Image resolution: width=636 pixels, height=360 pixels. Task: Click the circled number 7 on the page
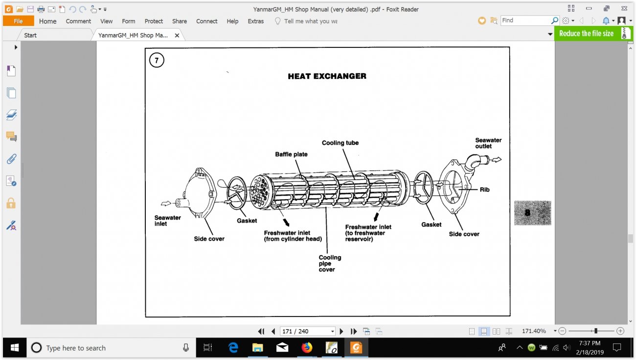click(x=157, y=60)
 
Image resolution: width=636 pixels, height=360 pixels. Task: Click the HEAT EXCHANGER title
click(x=327, y=76)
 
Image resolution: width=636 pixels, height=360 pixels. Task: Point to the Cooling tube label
click(x=340, y=143)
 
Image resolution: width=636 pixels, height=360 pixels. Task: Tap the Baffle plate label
click(x=291, y=154)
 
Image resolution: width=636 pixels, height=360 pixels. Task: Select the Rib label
click(x=484, y=189)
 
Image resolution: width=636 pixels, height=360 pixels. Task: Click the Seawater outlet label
click(x=488, y=143)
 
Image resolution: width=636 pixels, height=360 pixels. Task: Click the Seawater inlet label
click(x=167, y=221)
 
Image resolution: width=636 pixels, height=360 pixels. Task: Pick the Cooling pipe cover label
click(x=330, y=264)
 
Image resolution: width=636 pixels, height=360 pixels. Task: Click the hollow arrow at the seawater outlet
click(x=497, y=159)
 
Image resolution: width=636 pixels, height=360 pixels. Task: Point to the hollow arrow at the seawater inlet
click(x=166, y=203)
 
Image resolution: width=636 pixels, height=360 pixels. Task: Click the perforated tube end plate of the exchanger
click(x=260, y=191)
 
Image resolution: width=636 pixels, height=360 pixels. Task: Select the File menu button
click(x=18, y=21)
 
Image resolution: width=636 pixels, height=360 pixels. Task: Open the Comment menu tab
click(x=78, y=21)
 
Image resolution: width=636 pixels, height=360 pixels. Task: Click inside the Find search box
click(x=525, y=21)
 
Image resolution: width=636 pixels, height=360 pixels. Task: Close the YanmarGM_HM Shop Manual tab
click(x=177, y=35)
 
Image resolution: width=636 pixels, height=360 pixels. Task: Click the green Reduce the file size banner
click(x=593, y=33)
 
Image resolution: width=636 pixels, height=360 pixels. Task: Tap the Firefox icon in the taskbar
click(x=307, y=347)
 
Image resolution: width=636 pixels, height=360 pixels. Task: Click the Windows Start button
click(x=15, y=347)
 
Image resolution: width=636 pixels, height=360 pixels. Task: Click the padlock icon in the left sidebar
click(x=11, y=203)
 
